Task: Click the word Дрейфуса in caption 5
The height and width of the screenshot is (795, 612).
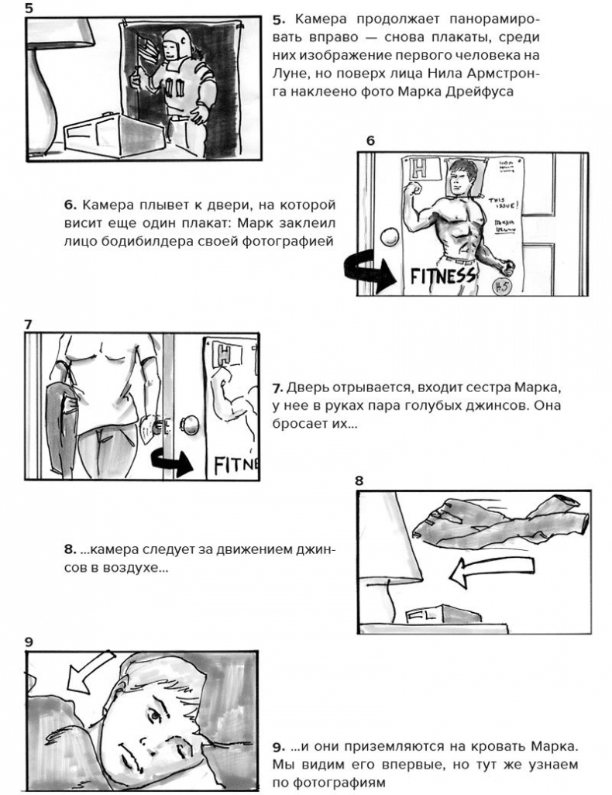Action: click(x=504, y=91)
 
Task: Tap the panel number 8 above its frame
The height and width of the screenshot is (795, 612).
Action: click(x=359, y=480)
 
